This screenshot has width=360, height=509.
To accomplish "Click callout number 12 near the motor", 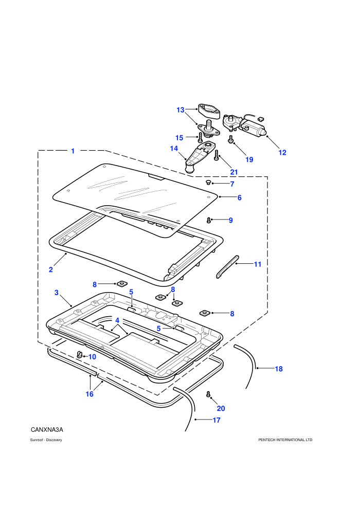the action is pyautogui.click(x=282, y=153).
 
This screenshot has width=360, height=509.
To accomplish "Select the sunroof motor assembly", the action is pyautogui.click(x=244, y=124).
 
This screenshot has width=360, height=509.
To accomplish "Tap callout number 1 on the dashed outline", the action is pyautogui.click(x=73, y=151).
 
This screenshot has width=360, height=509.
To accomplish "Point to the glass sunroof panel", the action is pyautogui.click(x=135, y=197).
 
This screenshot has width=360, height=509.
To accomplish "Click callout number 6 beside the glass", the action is pyautogui.click(x=240, y=198).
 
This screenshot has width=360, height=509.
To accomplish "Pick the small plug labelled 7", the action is pyautogui.click(x=208, y=183).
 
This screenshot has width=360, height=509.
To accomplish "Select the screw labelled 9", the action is pyautogui.click(x=209, y=221).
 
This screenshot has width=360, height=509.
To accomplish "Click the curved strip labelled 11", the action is pyautogui.click(x=227, y=266).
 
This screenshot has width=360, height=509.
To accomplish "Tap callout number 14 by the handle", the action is pyautogui.click(x=174, y=149).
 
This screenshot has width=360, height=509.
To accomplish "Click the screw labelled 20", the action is pyautogui.click(x=208, y=394).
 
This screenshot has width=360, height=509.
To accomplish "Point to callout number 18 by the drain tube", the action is pyautogui.click(x=279, y=369).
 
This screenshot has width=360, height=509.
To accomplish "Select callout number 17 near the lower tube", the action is pyautogui.click(x=217, y=420).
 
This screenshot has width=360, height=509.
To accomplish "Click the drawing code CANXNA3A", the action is pyautogui.click(x=47, y=430).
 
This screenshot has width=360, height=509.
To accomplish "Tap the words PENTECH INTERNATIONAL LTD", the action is pyautogui.click(x=285, y=440).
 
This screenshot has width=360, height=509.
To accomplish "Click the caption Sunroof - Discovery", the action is pyautogui.click(x=46, y=440).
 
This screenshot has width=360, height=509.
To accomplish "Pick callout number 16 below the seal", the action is pyautogui.click(x=89, y=394).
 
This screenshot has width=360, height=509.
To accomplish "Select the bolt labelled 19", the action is pyautogui.click(x=231, y=139).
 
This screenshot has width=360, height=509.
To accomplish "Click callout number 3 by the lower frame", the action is pyautogui.click(x=57, y=293).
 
